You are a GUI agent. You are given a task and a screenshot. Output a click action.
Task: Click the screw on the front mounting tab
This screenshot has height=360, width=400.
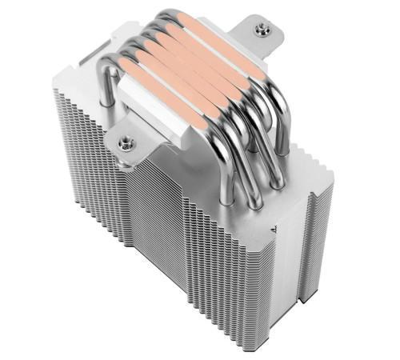[x=125, y=144]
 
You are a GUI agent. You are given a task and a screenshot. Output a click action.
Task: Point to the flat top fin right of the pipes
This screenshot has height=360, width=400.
[x=300, y=152]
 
